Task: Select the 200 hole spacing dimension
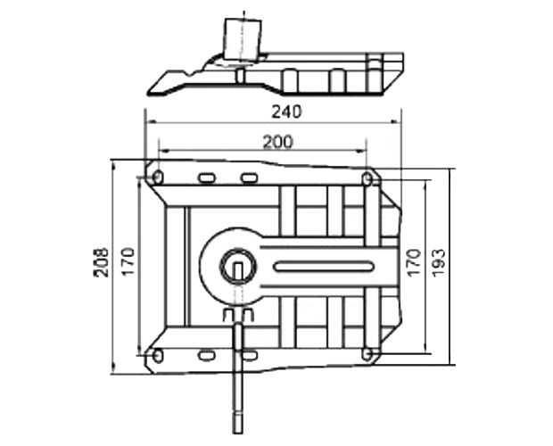(x=278, y=141)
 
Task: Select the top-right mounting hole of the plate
(x=367, y=180)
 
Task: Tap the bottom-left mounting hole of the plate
(x=157, y=356)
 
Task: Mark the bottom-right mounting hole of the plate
(x=367, y=354)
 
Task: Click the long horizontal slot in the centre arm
(x=323, y=266)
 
